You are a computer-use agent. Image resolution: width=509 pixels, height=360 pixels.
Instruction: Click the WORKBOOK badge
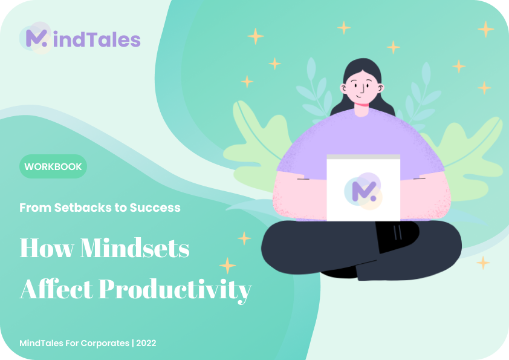[53, 166]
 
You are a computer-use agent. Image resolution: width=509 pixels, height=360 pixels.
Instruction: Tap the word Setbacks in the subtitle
[83, 208]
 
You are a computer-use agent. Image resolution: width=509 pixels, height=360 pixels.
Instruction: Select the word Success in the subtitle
[155, 208]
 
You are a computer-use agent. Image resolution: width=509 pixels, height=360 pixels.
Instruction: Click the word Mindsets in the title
[135, 248]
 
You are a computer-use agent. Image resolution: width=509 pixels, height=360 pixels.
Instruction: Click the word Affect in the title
[56, 289]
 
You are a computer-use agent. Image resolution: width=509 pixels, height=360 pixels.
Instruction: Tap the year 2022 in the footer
[146, 343]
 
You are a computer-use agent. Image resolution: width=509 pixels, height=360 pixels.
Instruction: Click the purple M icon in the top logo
[36, 38]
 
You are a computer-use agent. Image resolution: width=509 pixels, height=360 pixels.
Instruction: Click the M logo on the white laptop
[364, 191]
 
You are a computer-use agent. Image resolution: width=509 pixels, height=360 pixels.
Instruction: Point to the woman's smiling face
[361, 87]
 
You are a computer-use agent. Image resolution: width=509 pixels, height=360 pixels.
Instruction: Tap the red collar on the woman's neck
[361, 104]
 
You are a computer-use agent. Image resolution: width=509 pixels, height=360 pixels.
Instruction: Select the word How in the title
[47, 248]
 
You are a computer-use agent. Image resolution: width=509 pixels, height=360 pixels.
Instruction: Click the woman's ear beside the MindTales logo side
[343, 88]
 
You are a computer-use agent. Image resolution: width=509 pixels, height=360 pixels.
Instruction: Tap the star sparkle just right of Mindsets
[244, 238]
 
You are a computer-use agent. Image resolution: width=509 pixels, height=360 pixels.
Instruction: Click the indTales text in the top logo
[97, 40]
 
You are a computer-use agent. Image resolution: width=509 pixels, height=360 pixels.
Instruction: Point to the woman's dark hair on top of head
[362, 64]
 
